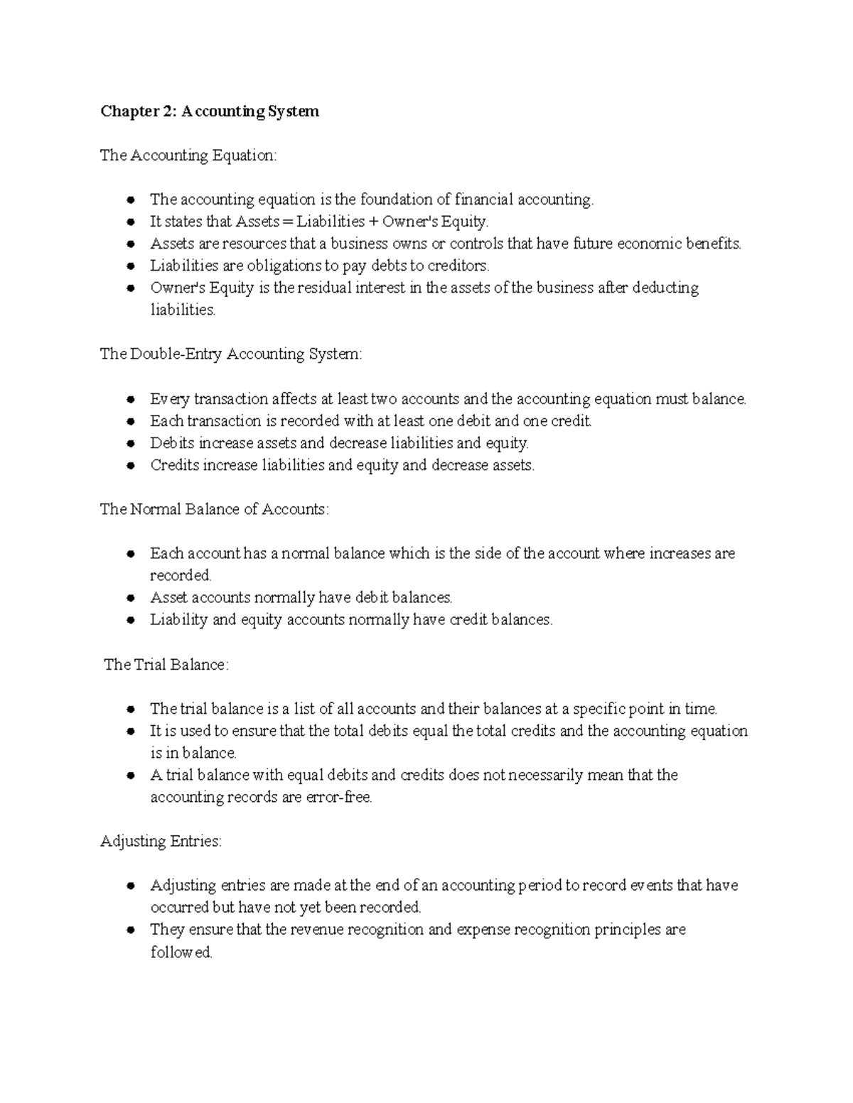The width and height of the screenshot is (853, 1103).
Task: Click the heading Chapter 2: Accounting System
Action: coord(210,112)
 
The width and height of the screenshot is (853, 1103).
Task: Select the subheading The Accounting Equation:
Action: coord(188,156)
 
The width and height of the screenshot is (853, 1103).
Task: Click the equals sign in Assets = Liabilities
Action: coord(287,222)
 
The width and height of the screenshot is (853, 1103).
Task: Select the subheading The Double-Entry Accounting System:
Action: coord(231,354)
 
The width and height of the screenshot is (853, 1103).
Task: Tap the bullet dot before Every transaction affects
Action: coord(130,399)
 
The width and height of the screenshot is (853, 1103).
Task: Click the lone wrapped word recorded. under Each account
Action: coord(181,575)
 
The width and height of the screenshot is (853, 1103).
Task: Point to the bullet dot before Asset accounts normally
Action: coord(130,598)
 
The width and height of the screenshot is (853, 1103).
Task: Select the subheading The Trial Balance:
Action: coord(166,665)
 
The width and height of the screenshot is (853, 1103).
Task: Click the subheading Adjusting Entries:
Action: coord(161,842)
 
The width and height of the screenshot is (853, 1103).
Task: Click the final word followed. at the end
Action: coord(181,952)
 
